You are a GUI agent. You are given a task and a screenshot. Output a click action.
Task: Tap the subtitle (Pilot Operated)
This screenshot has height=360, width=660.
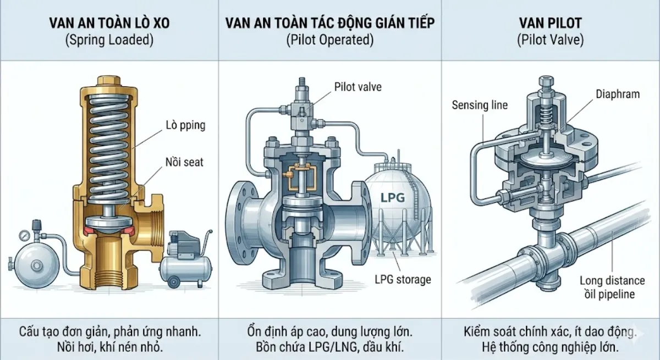click(x=329, y=40)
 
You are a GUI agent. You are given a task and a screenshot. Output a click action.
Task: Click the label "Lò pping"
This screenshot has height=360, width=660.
click(x=185, y=125)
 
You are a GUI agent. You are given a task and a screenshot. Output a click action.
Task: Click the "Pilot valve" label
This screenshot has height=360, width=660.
click(x=358, y=86)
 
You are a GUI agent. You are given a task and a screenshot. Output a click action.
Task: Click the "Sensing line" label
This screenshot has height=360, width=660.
click(x=480, y=104)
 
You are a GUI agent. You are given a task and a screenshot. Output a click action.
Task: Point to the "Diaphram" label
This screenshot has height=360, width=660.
click(x=618, y=94)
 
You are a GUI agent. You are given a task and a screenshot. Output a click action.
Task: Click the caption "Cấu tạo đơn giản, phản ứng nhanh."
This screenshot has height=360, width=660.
click(x=109, y=333)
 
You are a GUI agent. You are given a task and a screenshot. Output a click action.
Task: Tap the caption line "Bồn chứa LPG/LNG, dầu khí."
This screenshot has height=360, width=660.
click(x=329, y=347)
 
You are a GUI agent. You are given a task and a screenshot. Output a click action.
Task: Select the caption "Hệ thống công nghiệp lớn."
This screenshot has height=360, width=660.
click(x=550, y=347)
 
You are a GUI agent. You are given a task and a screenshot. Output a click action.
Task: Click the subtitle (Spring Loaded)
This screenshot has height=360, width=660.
click(x=109, y=40)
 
